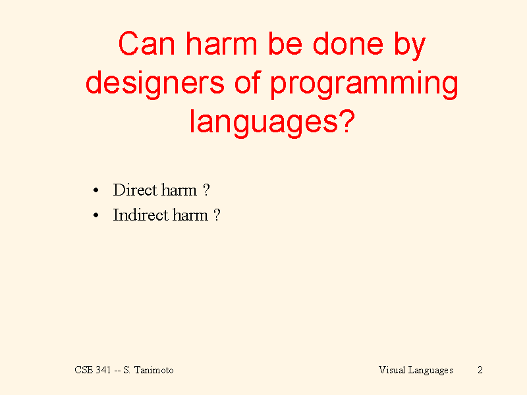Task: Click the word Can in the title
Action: [147, 43]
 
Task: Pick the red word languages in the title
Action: [264, 123]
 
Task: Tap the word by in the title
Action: [409, 46]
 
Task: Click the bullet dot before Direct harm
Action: [96, 190]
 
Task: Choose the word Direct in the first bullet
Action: [135, 190]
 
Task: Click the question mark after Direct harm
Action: [206, 190]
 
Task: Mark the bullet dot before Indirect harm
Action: [96, 215]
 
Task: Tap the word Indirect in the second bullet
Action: [140, 215]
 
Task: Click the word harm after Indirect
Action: [190, 215]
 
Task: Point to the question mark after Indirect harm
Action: [217, 215]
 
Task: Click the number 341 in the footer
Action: [103, 370]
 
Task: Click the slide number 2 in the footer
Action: [480, 370]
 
